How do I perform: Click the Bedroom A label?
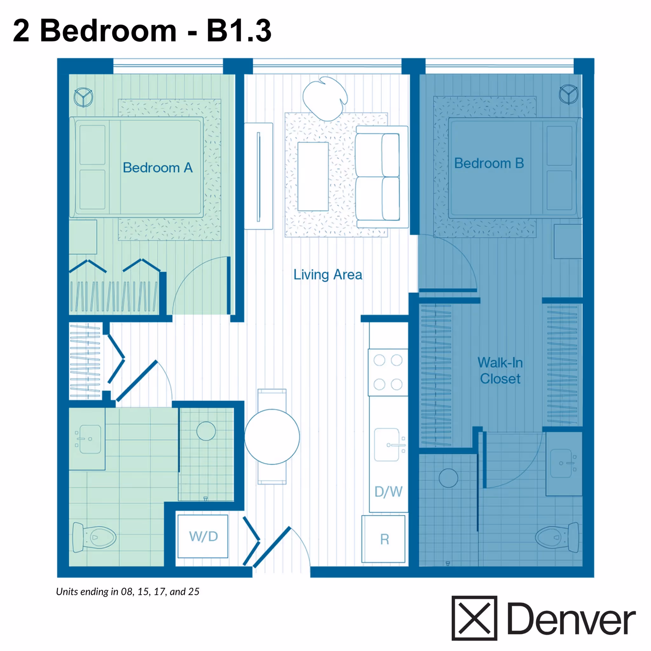tap(157, 168)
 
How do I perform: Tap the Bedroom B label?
tap(489, 163)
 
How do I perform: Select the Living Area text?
tap(327, 275)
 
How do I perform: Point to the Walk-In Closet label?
tap(500, 371)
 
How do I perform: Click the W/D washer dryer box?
tap(203, 536)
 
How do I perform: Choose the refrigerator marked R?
tap(384, 539)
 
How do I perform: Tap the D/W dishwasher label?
tap(388, 492)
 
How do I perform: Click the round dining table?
tap(272, 437)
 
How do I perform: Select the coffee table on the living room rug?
tap(313, 176)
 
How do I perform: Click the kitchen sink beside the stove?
tap(387, 445)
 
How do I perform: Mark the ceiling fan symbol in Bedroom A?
tap(83, 97)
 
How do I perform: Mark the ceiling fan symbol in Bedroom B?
tap(568, 94)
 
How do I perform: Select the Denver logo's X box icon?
tap(474, 618)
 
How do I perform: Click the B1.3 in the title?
tap(239, 31)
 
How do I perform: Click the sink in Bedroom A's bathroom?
tap(88, 439)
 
